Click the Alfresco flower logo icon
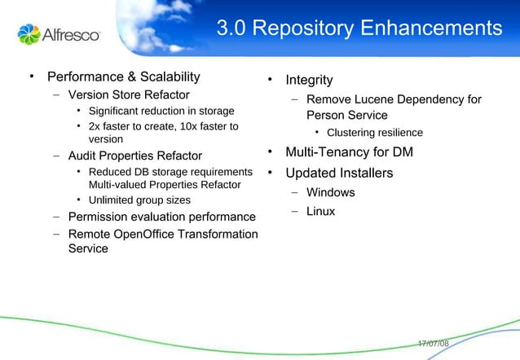(29, 34)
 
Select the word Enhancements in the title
(431, 29)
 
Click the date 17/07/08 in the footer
(433, 344)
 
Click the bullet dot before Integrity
(269, 80)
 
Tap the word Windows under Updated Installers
(330, 193)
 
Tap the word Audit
(82, 155)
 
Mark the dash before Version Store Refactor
(56, 95)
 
